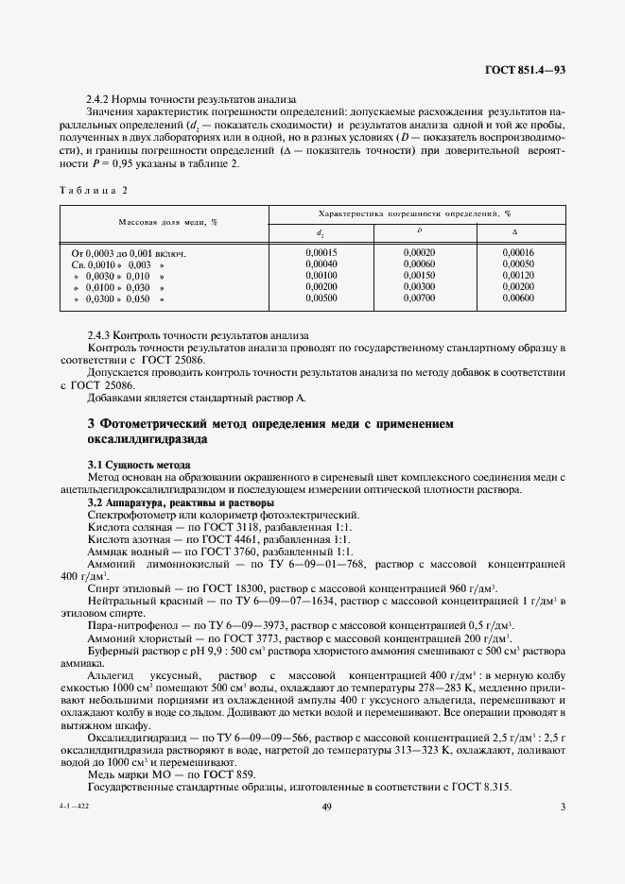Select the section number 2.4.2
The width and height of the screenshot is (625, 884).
pyautogui.click(x=100, y=98)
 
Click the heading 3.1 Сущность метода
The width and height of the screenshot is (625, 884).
pyautogui.click(x=139, y=466)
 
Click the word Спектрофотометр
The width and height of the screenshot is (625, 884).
pyautogui.click(x=131, y=515)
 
